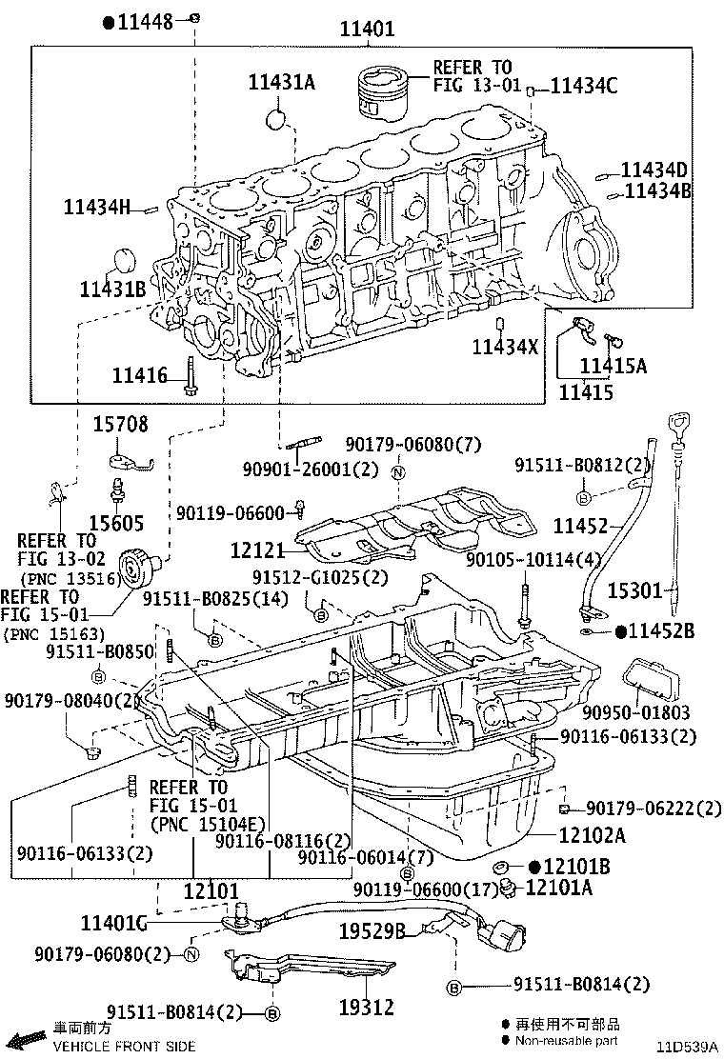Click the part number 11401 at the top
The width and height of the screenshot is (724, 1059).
[x=367, y=30]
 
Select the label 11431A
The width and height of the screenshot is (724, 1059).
[x=281, y=82]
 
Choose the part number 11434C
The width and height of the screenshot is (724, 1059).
[x=584, y=87]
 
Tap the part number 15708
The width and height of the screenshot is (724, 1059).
[x=120, y=425]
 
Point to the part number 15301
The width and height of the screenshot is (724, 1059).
[x=634, y=591]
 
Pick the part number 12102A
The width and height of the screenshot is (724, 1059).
[x=592, y=835]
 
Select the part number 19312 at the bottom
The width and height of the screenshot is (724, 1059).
[x=367, y=1006]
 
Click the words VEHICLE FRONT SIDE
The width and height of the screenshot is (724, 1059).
[x=124, y=1046]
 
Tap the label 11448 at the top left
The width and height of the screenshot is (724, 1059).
[x=145, y=21]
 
